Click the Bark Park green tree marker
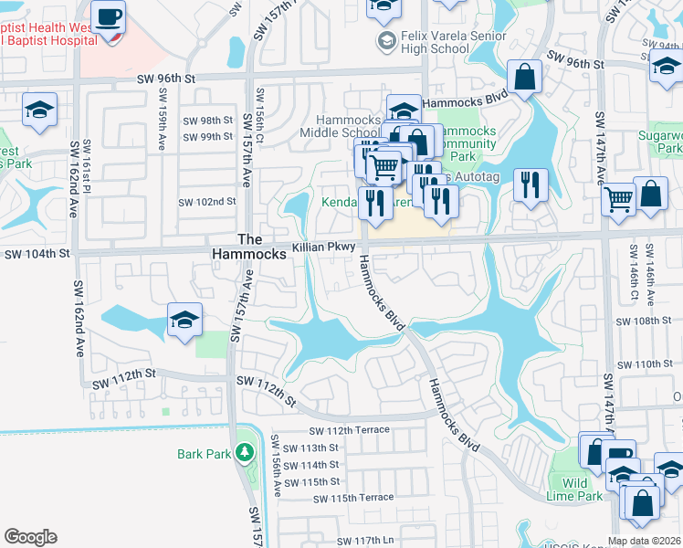pos(245,452)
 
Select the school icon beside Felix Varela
pos(386,40)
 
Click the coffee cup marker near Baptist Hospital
pos(108,16)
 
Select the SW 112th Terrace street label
pos(350,430)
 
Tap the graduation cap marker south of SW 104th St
pos(184,321)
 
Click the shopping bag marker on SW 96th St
pos(526,78)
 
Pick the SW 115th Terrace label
pos(353,498)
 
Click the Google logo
pos(30,537)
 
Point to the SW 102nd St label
pos(207,202)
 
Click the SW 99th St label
pos(208,137)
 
